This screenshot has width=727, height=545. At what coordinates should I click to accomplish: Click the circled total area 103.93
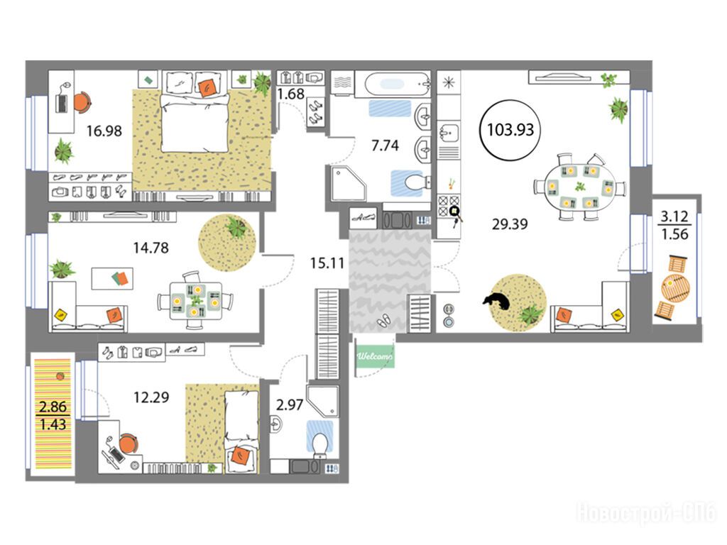pos(510,130)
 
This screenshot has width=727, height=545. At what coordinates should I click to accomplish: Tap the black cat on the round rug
pos(497,301)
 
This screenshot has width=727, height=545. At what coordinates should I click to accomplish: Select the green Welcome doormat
pos(375,356)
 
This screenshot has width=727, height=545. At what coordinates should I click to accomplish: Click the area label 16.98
pos(104,131)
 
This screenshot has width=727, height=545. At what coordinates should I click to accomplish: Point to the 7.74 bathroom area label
pos(385,145)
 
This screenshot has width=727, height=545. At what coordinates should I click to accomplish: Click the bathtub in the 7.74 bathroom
pos(398,84)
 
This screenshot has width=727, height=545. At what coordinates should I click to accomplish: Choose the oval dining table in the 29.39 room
pos(579,187)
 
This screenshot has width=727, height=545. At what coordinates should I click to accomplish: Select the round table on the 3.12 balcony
pos(675,289)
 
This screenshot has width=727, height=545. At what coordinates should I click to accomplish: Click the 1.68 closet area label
pos(290,94)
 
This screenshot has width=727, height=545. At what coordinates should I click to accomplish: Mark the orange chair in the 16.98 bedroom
pos(82,101)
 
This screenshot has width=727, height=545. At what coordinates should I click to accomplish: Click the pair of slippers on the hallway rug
pos(383,320)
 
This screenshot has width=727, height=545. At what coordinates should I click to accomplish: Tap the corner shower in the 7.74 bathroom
pos(348,184)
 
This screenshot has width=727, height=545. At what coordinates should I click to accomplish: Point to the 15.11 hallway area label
pos(327,263)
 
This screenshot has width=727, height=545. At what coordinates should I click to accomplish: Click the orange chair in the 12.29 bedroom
pos(129,444)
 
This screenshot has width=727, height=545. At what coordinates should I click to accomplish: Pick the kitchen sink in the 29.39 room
pos(448,133)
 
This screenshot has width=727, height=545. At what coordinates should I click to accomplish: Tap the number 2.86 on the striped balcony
pos(53,407)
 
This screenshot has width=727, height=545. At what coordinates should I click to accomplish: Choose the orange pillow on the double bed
pos(207,87)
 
